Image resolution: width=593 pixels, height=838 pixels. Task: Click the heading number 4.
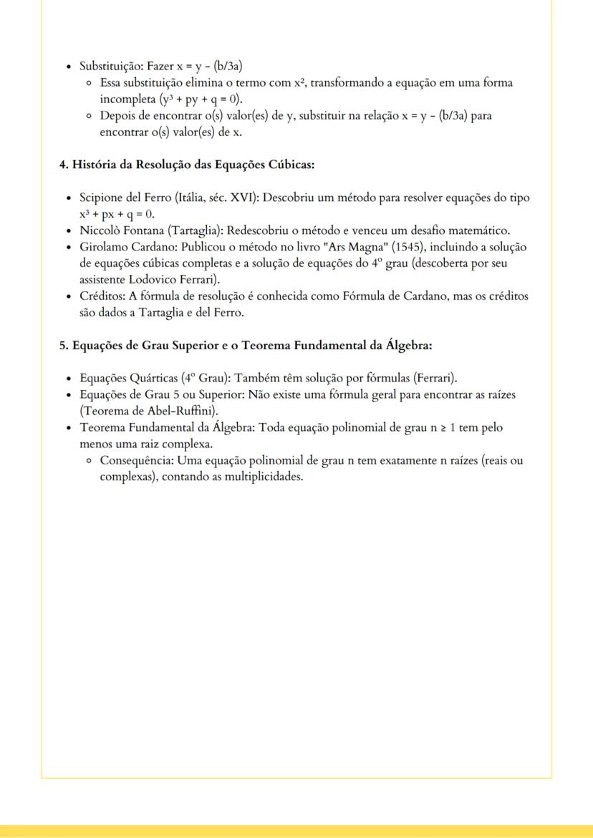62,164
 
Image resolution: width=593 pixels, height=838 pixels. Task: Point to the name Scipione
105,198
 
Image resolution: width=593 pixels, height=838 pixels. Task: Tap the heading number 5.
62,344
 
